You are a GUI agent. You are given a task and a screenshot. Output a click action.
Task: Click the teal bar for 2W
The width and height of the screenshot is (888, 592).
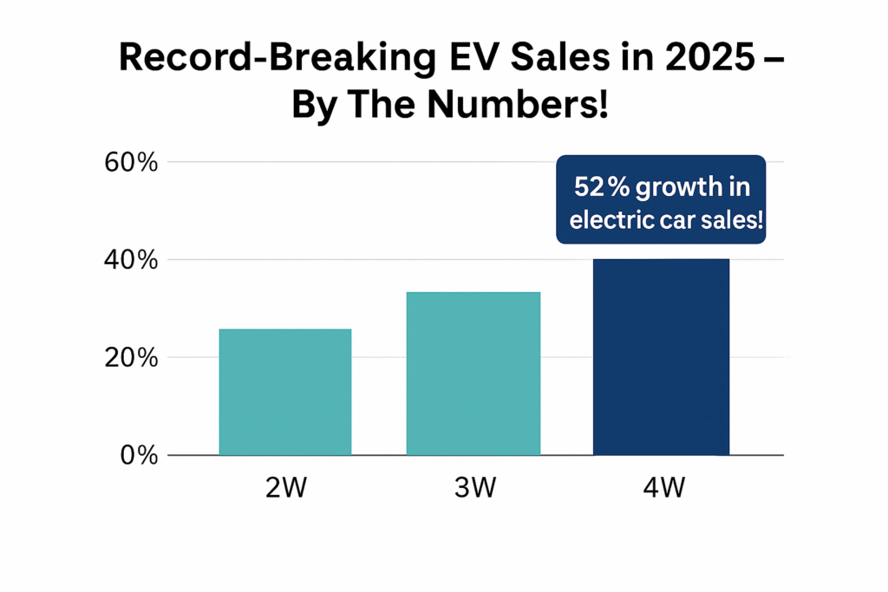point(284,392)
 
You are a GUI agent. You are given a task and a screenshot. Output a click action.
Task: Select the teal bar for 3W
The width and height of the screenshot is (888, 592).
point(473,374)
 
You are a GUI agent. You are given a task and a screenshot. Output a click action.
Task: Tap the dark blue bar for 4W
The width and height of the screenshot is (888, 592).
point(661,356)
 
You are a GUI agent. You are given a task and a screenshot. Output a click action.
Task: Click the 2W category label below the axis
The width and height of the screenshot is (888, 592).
point(285,488)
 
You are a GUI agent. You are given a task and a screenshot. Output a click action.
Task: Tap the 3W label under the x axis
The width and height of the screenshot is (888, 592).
point(473,488)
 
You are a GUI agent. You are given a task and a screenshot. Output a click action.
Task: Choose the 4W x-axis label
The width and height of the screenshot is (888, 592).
point(661,488)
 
